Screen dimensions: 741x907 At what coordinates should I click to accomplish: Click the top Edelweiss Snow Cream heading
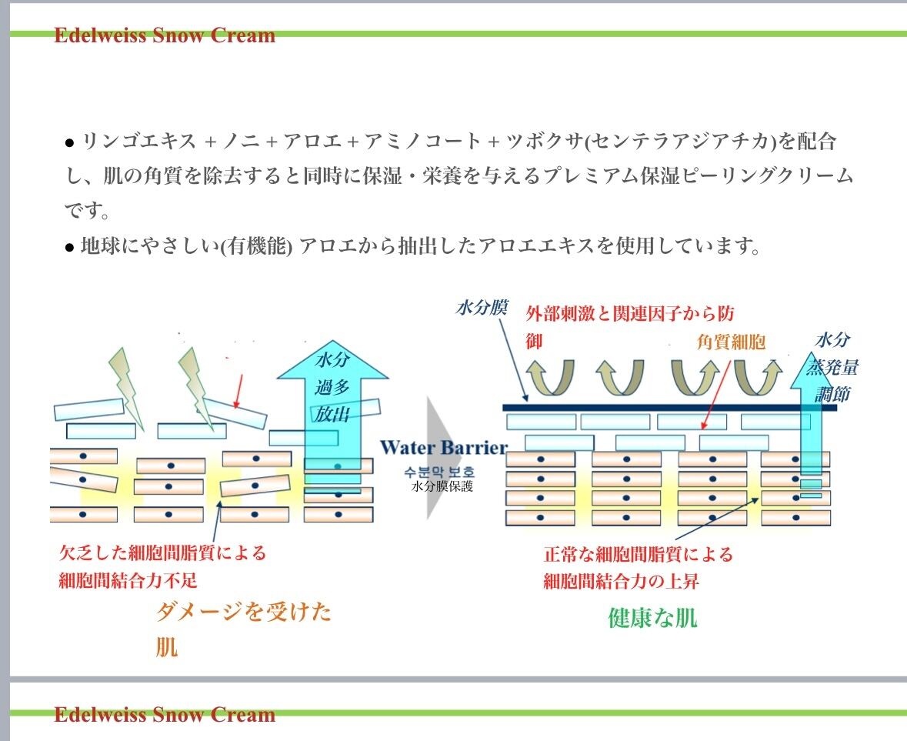pyautogui.click(x=164, y=35)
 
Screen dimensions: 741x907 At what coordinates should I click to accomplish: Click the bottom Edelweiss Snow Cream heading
pyautogui.click(x=164, y=715)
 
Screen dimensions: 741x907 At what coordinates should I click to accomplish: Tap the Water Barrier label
pyautogui.click(x=444, y=448)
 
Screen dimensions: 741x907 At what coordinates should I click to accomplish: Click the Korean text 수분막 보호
pyautogui.click(x=442, y=472)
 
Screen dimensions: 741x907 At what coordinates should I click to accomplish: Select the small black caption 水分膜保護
pyautogui.click(x=442, y=486)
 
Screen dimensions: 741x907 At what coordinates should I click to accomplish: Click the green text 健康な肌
pyautogui.click(x=652, y=618)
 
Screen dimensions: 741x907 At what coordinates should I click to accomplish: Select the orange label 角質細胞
pyautogui.click(x=731, y=342)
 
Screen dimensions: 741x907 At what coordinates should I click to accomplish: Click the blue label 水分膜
pyautogui.click(x=482, y=309)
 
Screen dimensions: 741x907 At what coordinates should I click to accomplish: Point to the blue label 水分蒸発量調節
pyautogui.click(x=835, y=367)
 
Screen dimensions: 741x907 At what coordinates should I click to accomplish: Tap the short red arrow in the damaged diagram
pyautogui.click(x=238, y=391)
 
